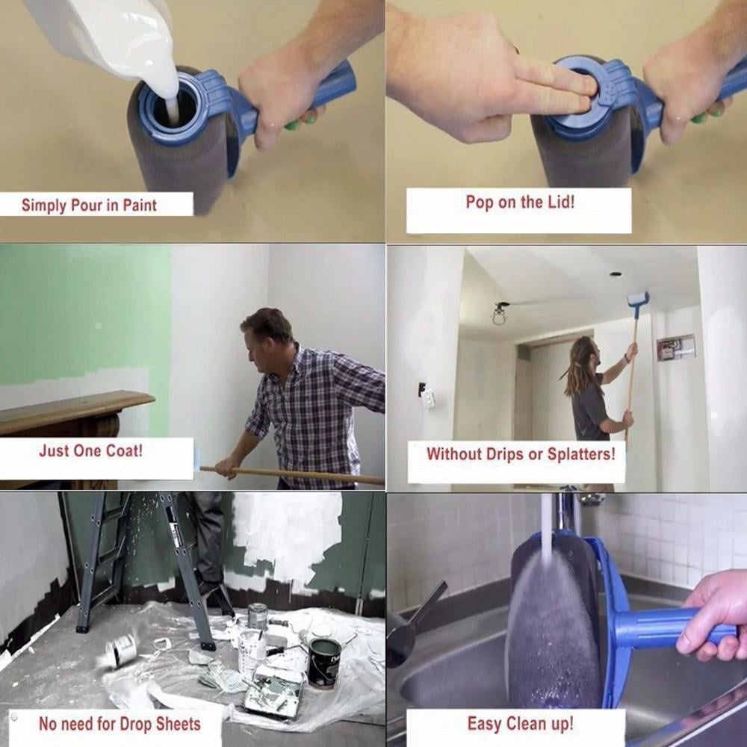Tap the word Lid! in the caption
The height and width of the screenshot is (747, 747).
[558, 202]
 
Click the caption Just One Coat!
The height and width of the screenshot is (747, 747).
[90, 451]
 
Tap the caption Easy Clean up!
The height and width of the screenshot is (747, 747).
[520, 723]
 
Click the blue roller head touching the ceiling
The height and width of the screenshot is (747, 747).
[637, 300]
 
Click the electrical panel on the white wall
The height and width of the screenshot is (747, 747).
[676, 347]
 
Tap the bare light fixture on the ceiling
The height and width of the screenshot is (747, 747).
[499, 313]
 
